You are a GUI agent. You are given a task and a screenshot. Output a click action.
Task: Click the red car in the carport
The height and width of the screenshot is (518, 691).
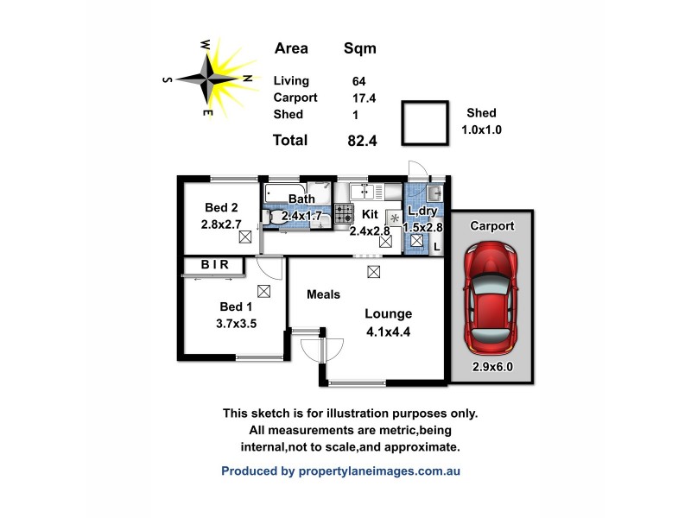[x=490, y=298]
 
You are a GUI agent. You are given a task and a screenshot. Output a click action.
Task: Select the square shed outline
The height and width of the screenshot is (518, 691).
[x=425, y=124]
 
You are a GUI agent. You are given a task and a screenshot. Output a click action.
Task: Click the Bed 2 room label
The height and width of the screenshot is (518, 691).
[x=221, y=208]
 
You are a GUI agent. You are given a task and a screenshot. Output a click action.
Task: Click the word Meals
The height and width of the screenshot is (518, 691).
[x=324, y=294]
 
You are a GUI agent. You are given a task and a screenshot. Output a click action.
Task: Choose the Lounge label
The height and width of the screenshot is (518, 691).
[x=388, y=313]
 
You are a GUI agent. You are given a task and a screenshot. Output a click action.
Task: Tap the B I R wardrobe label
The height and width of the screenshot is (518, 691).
[x=215, y=265]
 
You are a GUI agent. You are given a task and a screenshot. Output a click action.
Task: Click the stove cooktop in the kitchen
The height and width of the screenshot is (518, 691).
[x=345, y=213]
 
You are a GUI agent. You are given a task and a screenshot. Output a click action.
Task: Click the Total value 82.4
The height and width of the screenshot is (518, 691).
[x=362, y=140]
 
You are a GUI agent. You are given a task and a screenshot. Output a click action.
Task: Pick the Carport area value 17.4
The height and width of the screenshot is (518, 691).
[x=358, y=98]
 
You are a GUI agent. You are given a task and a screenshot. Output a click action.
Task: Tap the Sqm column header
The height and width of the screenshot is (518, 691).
[x=359, y=48]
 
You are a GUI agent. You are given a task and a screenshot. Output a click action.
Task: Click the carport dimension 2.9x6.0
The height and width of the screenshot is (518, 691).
[x=492, y=366]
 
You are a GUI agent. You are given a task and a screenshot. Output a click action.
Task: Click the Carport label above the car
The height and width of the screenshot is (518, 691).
[x=492, y=226]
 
